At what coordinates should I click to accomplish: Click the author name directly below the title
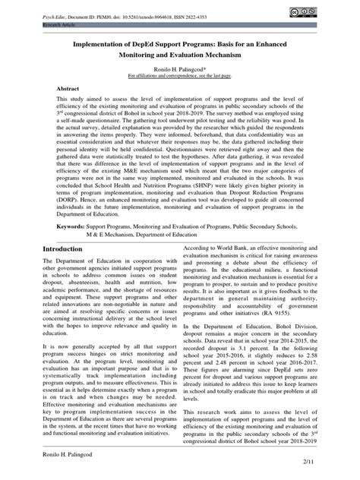pos(180,68)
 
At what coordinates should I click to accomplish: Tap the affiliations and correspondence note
pos(180,77)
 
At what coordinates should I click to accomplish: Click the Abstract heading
pos(68,89)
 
